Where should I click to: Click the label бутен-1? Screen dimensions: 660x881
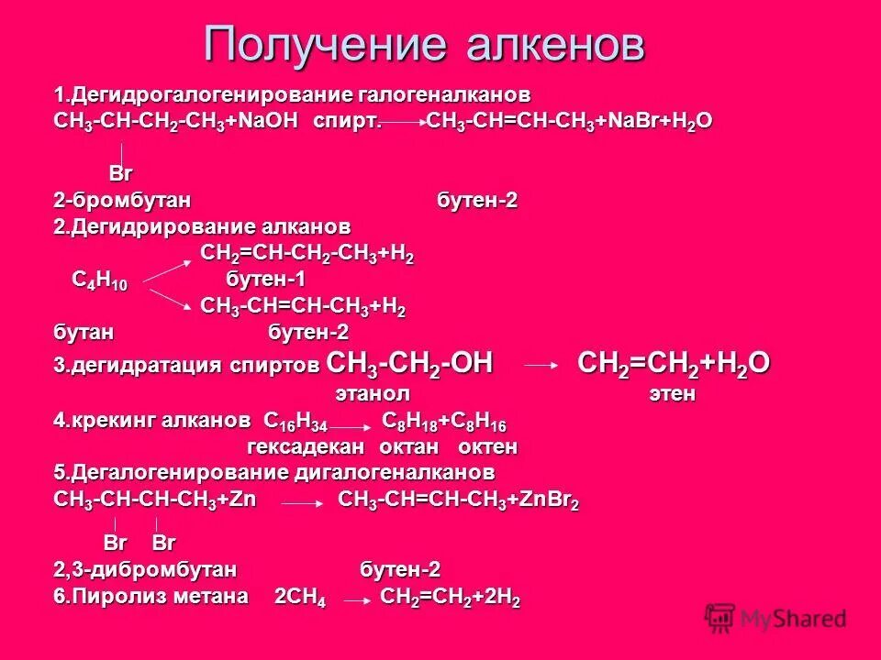tap(265, 280)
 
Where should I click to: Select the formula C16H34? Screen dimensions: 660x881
tap(296, 423)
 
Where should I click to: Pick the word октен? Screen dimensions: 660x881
tap(487, 447)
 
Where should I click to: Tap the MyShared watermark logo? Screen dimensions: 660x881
tap(775, 619)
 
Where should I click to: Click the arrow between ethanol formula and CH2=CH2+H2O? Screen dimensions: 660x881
tap(541, 366)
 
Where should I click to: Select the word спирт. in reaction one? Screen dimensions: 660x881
tap(346, 122)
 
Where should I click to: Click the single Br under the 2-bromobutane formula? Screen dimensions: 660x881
tap(121, 174)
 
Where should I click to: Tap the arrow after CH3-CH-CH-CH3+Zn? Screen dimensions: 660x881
tap(300, 503)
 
